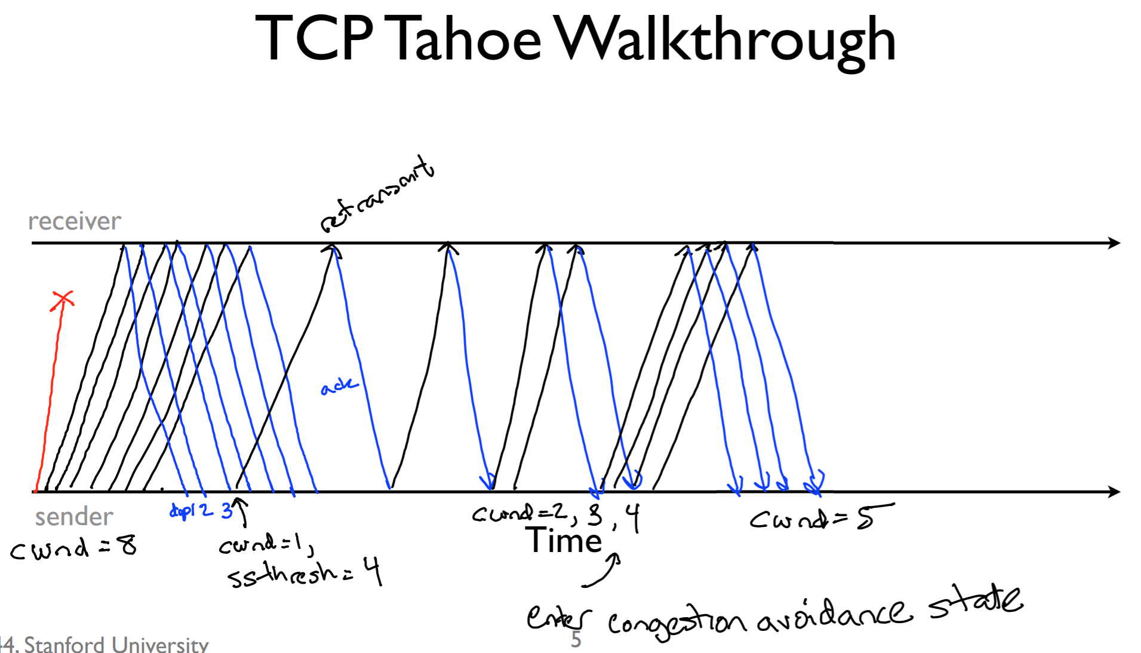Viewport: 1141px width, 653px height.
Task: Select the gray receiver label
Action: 75,222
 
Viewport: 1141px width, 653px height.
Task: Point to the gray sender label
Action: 74,517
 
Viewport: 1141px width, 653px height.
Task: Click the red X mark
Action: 62,301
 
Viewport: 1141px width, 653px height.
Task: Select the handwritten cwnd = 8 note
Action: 73,548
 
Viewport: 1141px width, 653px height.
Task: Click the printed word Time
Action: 564,541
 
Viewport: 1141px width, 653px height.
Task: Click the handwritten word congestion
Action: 676,623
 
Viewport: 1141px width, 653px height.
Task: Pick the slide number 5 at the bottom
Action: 576,640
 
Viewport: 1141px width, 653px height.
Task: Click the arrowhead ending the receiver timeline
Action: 1114,243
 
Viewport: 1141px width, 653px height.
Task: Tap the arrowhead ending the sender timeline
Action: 1114,492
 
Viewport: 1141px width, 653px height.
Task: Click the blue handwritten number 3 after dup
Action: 227,510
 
